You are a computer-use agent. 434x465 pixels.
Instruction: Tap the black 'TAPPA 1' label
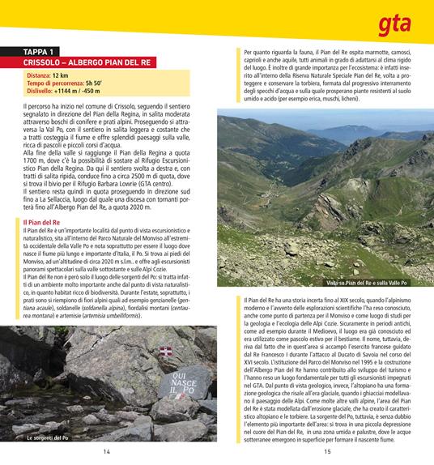pos(45,52)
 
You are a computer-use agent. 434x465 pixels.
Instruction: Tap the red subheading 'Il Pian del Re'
pos(45,222)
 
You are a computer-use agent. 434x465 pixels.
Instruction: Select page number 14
pos(107,452)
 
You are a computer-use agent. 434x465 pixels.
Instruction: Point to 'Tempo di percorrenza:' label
pos(57,83)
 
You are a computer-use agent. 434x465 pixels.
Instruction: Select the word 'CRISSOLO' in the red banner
pos(47,62)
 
